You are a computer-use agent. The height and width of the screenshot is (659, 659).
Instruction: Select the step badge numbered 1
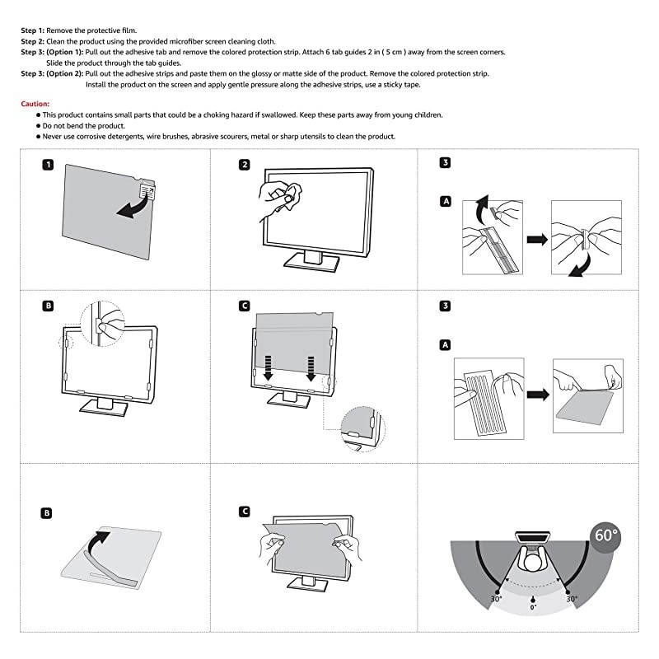(49, 164)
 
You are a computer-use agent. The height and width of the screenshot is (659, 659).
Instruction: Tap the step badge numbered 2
(245, 164)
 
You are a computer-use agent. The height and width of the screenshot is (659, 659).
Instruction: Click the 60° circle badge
(606, 535)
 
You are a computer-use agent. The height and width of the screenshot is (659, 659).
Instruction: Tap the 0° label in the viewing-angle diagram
(534, 607)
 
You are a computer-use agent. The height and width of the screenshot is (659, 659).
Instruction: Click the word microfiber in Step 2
(208, 41)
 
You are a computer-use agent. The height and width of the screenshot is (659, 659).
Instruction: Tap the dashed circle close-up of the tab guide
(363, 427)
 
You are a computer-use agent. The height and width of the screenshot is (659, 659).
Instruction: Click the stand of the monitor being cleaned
(311, 259)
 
